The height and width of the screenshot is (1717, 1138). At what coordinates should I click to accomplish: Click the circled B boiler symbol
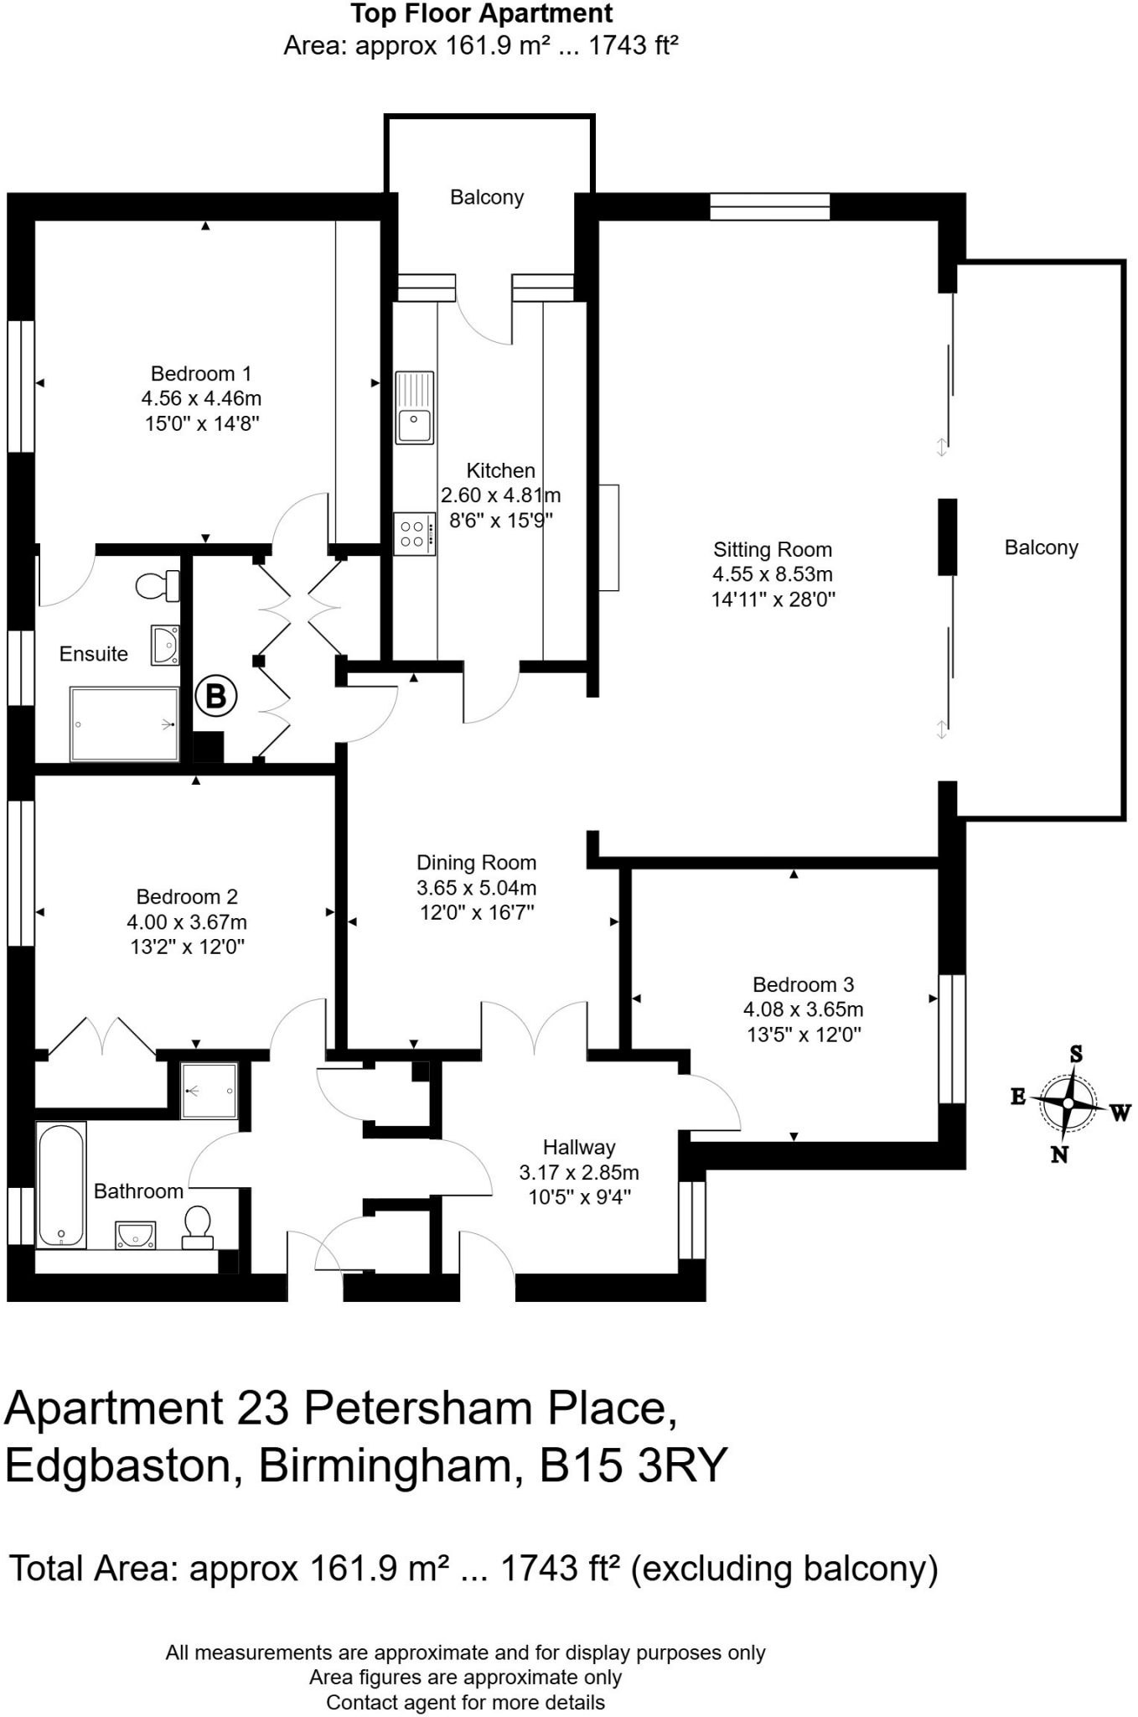[216, 695]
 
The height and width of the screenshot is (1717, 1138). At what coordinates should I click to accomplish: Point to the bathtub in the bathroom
[61, 1184]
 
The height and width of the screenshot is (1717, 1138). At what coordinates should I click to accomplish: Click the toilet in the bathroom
[198, 1222]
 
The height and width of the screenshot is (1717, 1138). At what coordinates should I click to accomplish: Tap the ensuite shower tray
[125, 724]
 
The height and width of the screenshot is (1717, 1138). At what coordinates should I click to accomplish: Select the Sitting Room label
[773, 550]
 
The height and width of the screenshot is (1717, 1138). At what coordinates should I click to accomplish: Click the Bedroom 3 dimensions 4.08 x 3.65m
[803, 1009]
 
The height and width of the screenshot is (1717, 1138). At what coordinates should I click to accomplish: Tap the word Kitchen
[500, 470]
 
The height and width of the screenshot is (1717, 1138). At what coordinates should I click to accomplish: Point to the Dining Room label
[476, 863]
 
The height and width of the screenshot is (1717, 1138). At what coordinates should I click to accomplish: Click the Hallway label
[579, 1147]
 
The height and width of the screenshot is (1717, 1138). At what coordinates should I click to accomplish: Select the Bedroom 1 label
[201, 374]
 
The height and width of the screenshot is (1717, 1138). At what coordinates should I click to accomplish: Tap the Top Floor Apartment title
[482, 14]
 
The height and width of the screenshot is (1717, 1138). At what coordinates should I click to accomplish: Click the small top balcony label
[487, 198]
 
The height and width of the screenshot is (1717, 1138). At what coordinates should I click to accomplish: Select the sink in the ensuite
[166, 645]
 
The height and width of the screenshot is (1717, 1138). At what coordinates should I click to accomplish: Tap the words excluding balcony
[784, 1568]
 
